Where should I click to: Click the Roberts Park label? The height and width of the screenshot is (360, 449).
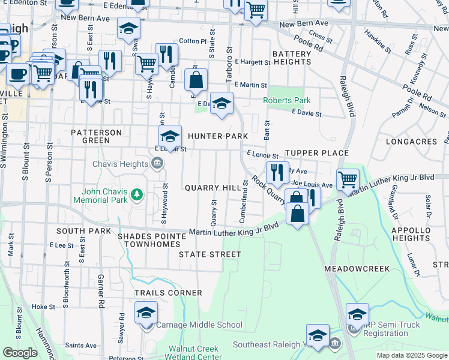[x=286, y=100]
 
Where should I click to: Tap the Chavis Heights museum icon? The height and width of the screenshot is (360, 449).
[x=157, y=163]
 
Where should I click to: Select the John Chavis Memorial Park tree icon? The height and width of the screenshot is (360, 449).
[x=137, y=194]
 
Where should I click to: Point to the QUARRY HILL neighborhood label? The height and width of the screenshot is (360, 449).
[x=212, y=188]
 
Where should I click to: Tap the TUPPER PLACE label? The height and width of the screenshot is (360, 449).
[x=316, y=153]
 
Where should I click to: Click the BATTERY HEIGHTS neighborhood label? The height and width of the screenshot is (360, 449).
[x=292, y=58]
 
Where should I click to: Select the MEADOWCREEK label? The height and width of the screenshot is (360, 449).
[x=358, y=268]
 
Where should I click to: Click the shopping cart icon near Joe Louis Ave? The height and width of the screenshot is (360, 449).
[x=347, y=178]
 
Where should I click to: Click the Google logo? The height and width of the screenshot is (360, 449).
[x=19, y=353]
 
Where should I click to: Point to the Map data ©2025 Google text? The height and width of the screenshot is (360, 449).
[x=412, y=355]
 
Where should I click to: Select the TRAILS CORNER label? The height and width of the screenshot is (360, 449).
[x=168, y=293]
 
